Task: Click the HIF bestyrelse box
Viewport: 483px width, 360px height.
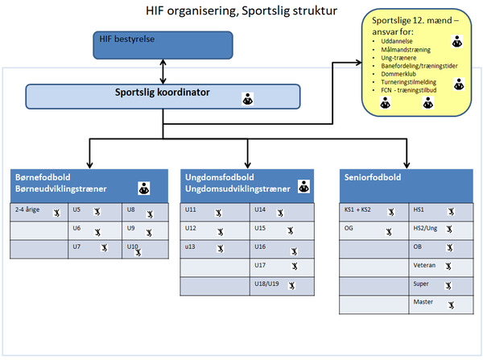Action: [x=163, y=45]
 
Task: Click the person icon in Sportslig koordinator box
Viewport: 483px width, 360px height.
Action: [x=248, y=98]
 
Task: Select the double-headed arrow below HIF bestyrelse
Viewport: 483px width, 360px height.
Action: [x=163, y=72]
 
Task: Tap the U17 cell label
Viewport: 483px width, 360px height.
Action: [x=260, y=265]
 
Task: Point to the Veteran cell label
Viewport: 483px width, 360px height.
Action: [x=424, y=265]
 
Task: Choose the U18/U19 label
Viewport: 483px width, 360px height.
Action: [x=266, y=283]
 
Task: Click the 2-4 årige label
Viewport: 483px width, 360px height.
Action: [x=27, y=209]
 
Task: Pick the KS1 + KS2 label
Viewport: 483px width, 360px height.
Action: [x=357, y=209]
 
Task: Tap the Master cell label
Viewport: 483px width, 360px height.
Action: [x=423, y=302]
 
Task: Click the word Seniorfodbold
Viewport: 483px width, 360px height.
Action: [x=373, y=177]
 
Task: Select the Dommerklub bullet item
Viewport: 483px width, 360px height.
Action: [x=398, y=74]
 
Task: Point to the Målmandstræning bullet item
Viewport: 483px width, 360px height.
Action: [x=406, y=50]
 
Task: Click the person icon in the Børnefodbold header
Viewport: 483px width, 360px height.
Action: [x=144, y=188]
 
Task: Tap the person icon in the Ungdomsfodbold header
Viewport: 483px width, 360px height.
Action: [x=303, y=187]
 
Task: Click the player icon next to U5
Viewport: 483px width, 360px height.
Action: [x=97, y=212]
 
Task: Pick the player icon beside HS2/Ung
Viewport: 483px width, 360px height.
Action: [x=449, y=229]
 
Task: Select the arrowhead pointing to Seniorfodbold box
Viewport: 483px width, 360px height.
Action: [x=407, y=164]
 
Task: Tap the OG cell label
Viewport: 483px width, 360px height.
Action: [x=349, y=228]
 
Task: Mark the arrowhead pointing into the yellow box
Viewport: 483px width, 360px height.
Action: [x=358, y=63]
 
